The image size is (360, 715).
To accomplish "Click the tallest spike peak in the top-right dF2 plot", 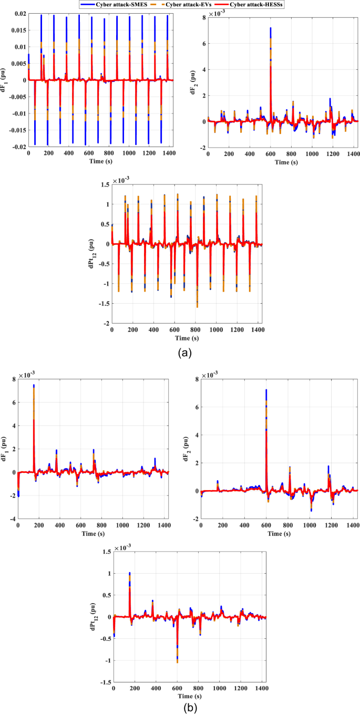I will tap(271, 28).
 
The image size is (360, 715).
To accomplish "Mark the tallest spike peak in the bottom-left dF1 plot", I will tap(34, 385).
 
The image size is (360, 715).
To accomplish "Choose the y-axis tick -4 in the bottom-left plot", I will tap(12, 519).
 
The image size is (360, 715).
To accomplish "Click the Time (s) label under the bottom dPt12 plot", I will tap(190, 697).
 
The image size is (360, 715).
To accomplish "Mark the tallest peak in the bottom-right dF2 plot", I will tap(266, 390).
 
